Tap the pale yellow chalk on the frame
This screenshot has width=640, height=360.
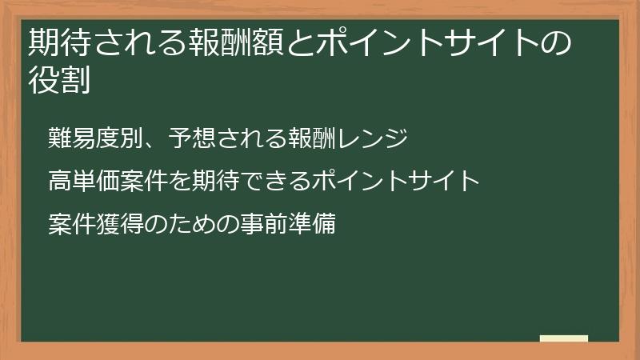point(564,338)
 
